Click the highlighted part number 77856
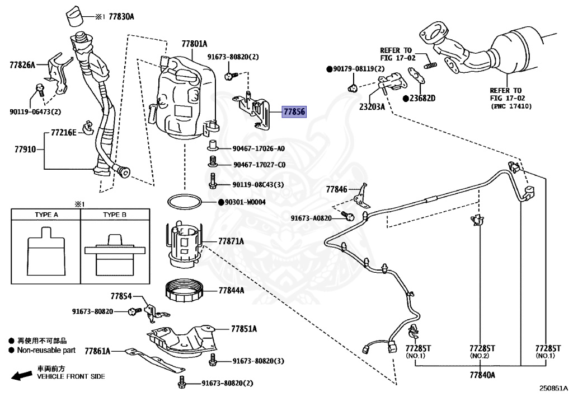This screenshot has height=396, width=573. click(294, 111)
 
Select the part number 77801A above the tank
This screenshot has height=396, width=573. click(194, 44)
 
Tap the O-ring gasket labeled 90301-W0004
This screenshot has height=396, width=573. click(185, 202)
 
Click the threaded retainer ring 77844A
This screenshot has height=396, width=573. click(185, 290)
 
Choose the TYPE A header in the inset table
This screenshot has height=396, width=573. click(46, 215)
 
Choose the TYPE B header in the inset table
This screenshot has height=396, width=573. click(115, 215)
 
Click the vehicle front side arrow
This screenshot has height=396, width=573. click(22, 375)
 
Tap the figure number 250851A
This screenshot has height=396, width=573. click(553, 388)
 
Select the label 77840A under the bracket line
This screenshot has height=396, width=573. click(482, 375)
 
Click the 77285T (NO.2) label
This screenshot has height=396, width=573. click(482, 351)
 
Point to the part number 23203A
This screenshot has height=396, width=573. click(372, 107)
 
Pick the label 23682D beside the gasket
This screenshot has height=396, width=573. click(422, 99)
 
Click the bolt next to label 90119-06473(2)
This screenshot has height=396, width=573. click(40, 90)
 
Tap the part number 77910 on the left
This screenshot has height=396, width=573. click(25, 149)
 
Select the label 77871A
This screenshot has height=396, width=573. click(231, 241)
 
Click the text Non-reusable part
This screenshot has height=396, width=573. click(46, 350)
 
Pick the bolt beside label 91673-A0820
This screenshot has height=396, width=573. click(347, 216)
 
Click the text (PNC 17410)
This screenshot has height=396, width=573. click(511, 106)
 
